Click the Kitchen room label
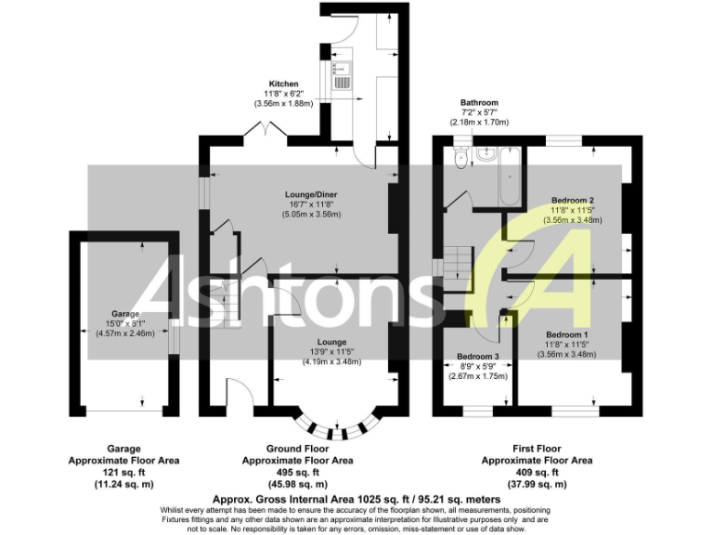click(x=283, y=84)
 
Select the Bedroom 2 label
click(x=573, y=200)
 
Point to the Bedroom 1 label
click(x=567, y=333)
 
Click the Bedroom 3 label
click(x=478, y=356)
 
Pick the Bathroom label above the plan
click(x=479, y=102)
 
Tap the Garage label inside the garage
click(x=125, y=314)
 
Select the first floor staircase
click(x=452, y=260)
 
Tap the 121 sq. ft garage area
click(x=123, y=472)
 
